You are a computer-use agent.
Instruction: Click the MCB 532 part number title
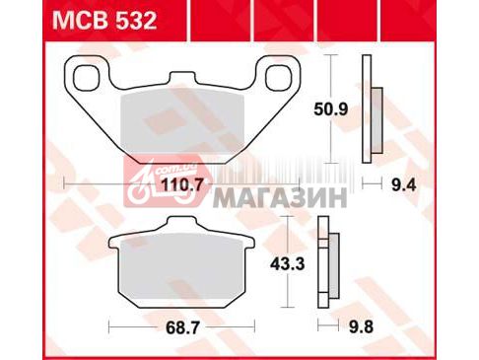click(x=104, y=21)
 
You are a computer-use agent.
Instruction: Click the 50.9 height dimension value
click(x=330, y=109)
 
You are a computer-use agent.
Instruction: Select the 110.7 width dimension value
click(x=183, y=185)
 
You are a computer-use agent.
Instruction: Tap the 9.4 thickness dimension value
click(x=404, y=185)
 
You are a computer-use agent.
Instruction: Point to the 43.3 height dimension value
click(x=288, y=263)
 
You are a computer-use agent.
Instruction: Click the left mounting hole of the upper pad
click(x=86, y=78)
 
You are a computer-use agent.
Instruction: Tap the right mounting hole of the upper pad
click(x=279, y=78)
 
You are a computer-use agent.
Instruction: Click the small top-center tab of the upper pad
click(x=182, y=78)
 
